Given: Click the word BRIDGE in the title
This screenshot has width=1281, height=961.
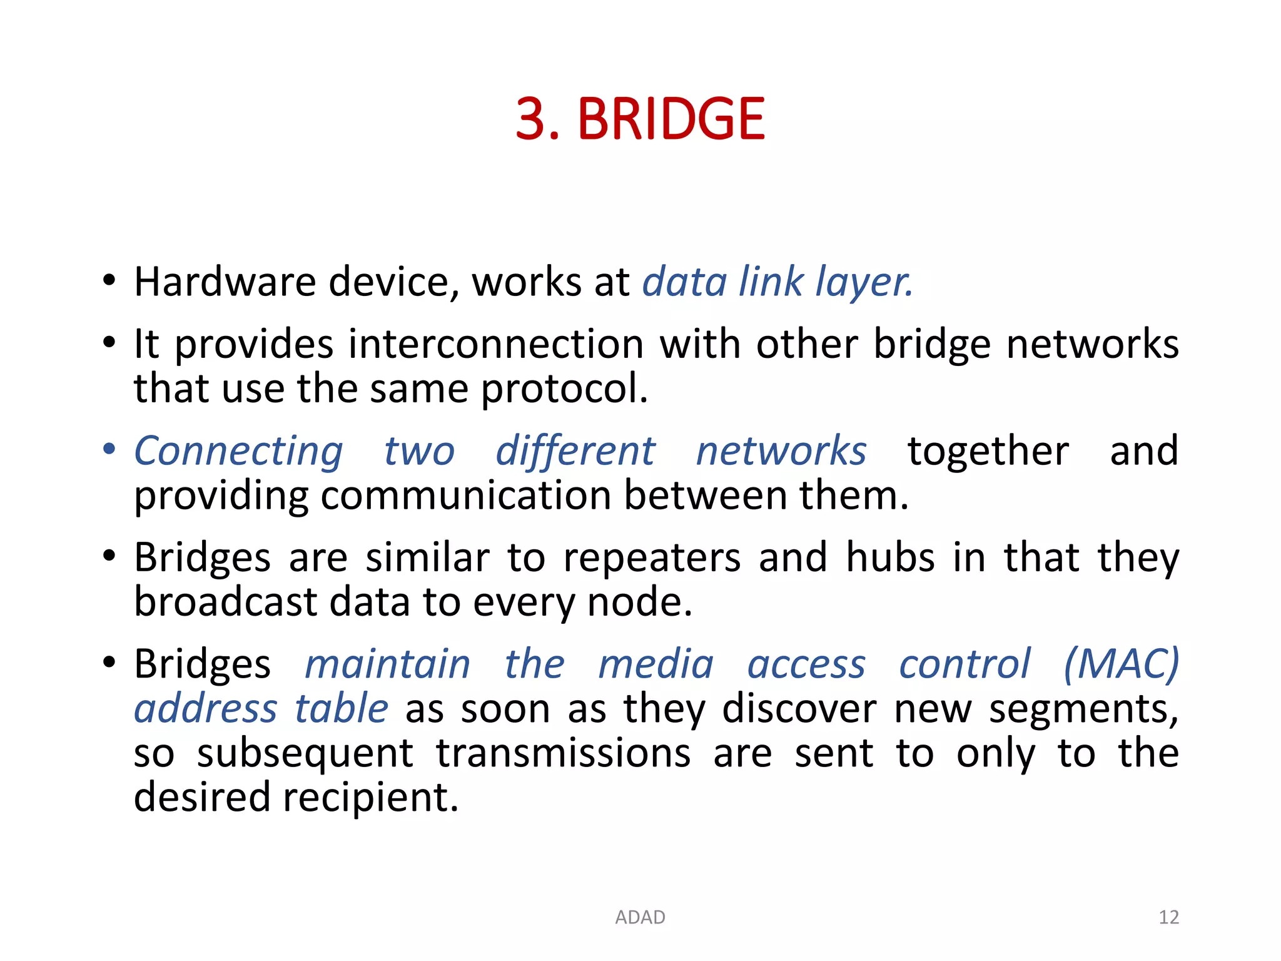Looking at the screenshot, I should pos(671,119).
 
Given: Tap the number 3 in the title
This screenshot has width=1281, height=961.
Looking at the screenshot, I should pos(530,119).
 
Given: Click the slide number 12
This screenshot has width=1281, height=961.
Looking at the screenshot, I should pos(1168,917).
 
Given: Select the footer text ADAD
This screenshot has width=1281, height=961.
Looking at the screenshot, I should pos(640,917).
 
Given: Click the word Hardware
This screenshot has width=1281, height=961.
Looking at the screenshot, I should pos(225,282).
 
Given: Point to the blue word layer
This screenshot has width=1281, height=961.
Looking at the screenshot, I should pos(864,283).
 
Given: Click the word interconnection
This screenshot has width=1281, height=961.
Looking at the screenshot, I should pos(496,344).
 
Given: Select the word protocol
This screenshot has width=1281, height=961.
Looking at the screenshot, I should pos(564,389).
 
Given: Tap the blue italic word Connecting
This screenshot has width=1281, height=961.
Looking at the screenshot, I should pos(238,452).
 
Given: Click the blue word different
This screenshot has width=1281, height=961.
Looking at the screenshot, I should pos(575,450).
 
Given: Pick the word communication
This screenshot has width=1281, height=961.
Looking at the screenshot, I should pos(466,496).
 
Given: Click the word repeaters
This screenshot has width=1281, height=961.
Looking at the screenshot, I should pos(652,558).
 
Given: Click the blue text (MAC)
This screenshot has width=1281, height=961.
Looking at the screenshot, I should pos(1121,663).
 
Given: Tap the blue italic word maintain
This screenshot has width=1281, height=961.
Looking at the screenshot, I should pos(387,664).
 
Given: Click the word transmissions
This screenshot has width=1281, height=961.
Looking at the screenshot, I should pos(563,753).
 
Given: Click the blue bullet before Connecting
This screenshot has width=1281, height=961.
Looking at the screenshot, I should pos(109,449).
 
